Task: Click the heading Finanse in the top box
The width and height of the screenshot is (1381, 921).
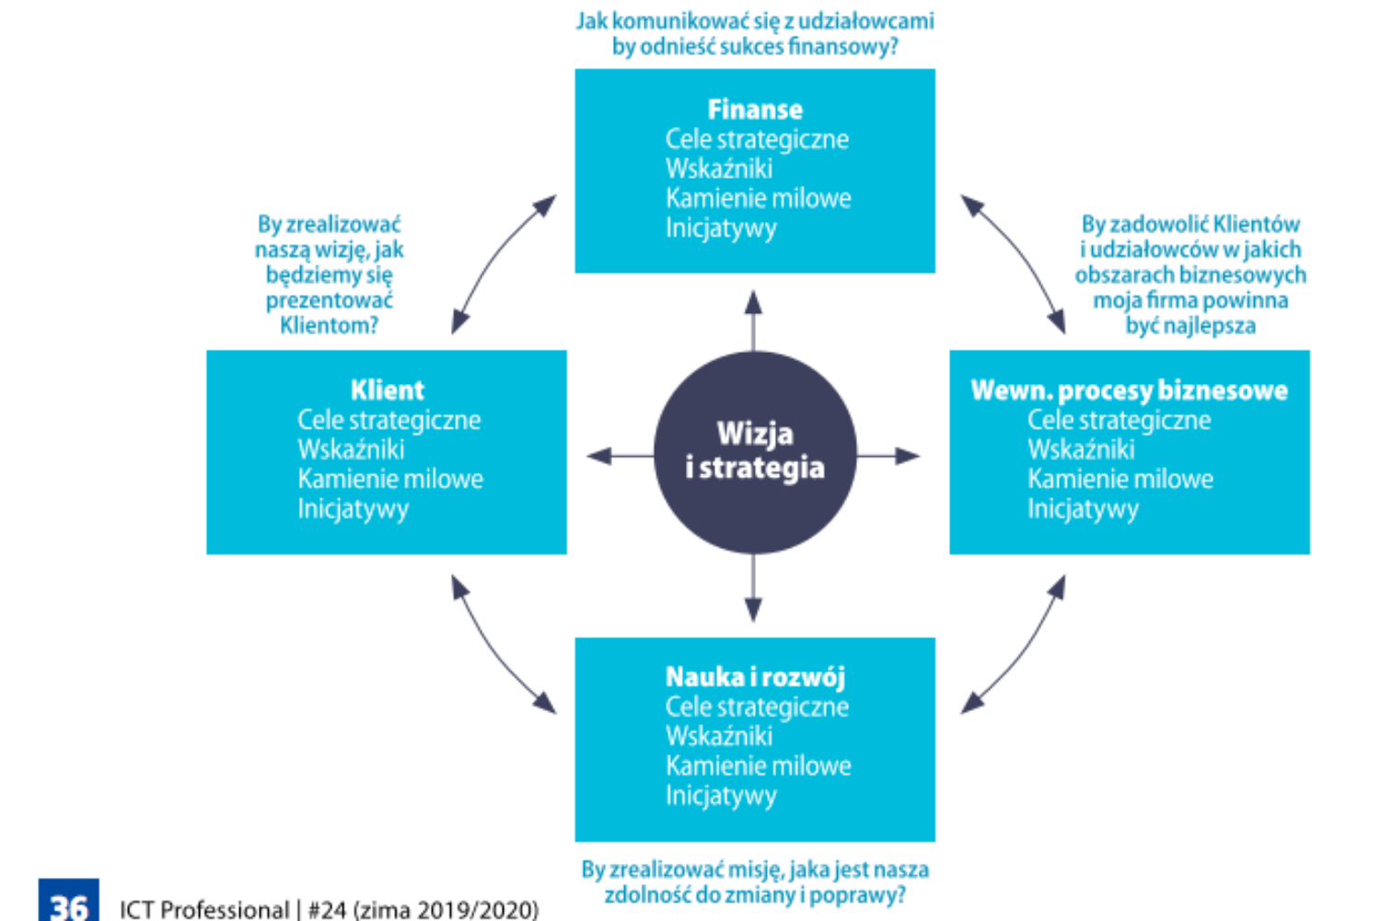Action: point(755,110)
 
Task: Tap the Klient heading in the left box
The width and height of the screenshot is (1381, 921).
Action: point(387,391)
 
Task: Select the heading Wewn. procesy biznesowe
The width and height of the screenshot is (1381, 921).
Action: point(1129,391)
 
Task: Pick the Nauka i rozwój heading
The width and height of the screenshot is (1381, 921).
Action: point(755,677)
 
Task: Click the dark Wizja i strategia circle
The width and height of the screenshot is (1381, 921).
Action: point(755,452)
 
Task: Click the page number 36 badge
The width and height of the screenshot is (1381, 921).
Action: point(68,903)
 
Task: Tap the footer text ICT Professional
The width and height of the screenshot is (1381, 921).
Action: point(203,910)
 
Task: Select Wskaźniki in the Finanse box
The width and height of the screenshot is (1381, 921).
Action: point(719,169)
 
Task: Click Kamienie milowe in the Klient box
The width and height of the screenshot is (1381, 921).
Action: point(390,479)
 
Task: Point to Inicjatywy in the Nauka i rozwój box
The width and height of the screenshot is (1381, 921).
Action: point(721,795)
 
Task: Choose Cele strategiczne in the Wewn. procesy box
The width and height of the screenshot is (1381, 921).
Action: point(1119,420)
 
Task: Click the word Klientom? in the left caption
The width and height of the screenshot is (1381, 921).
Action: point(329,325)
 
